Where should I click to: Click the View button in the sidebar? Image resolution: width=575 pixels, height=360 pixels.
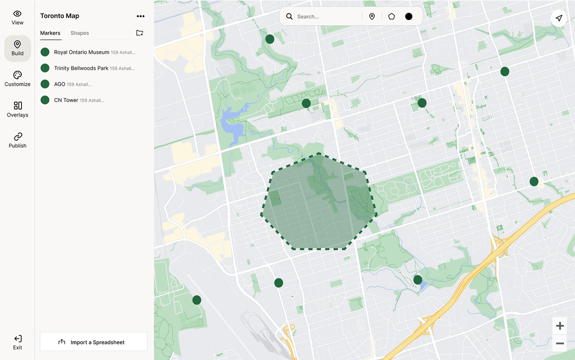pos(18,18)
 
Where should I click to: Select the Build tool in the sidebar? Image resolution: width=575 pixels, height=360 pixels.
pos(18,48)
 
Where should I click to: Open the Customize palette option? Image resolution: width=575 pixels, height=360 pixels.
pos(18,79)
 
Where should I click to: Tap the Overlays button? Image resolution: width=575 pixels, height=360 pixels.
pos(18,109)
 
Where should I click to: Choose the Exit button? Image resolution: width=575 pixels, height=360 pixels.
pos(18,342)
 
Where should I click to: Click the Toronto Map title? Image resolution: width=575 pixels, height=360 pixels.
pos(60,16)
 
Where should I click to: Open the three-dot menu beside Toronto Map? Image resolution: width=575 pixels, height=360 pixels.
pos(141,17)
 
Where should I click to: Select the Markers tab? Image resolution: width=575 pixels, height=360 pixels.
pos(51,33)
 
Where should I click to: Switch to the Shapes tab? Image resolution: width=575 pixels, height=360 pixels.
pos(80,33)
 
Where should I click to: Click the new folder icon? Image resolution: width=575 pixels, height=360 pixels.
pos(139,33)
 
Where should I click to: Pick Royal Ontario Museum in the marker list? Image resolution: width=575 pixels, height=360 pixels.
pos(81,52)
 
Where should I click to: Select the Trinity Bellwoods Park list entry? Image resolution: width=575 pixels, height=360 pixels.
pos(81,68)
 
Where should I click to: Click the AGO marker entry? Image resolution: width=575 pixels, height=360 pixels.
pos(60,84)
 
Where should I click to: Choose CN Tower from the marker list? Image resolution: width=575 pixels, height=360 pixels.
pos(66,100)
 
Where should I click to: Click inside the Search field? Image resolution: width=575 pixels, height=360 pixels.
pos(325,17)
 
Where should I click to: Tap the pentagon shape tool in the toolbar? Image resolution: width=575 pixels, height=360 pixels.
pos(391,17)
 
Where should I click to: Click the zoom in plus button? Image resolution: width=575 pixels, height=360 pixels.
pos(560,326)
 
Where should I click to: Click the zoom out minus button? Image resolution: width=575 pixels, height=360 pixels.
pos(560,343)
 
